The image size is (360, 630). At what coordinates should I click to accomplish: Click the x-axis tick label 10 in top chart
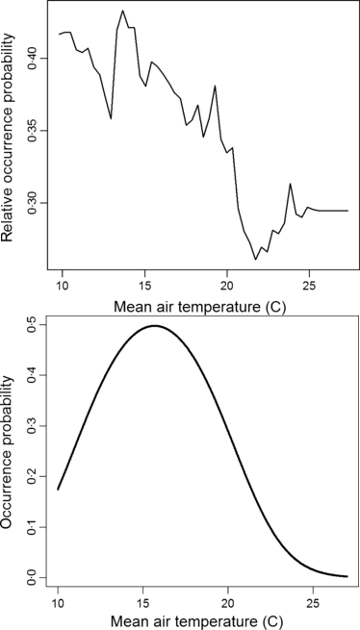pos(63,286)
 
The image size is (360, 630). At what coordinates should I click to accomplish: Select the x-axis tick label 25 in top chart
pos(309,286)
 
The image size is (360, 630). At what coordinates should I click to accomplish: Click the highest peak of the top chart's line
pos(123,11)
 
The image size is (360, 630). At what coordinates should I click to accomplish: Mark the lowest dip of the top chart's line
pos(256,260)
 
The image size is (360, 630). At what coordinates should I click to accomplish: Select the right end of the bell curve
pos(347,576)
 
